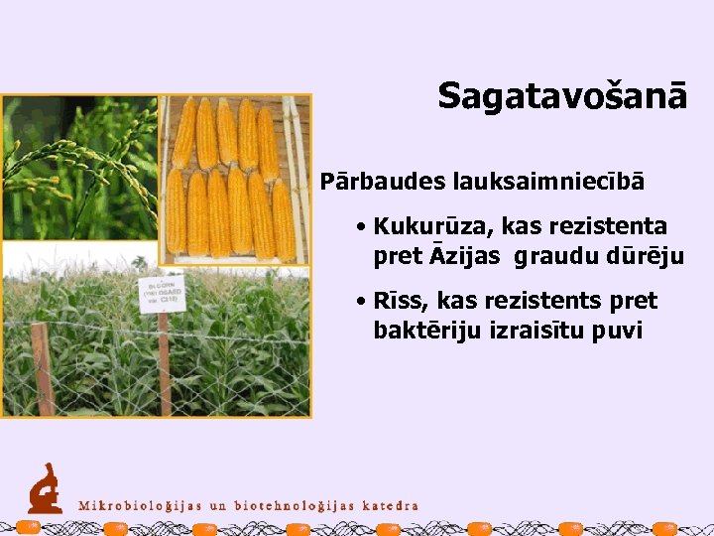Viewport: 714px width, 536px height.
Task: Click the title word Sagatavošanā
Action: click(562, 96)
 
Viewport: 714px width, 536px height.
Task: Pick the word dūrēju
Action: click(646, 257)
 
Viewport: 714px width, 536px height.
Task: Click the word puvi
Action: click(617, 331)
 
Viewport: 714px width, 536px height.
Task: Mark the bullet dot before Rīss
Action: click(363, 302)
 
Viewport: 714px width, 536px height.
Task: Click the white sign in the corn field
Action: click(162, 294)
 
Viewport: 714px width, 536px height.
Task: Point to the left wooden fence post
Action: click(42, 368)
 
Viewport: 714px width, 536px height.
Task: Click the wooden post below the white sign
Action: click(164, 362)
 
